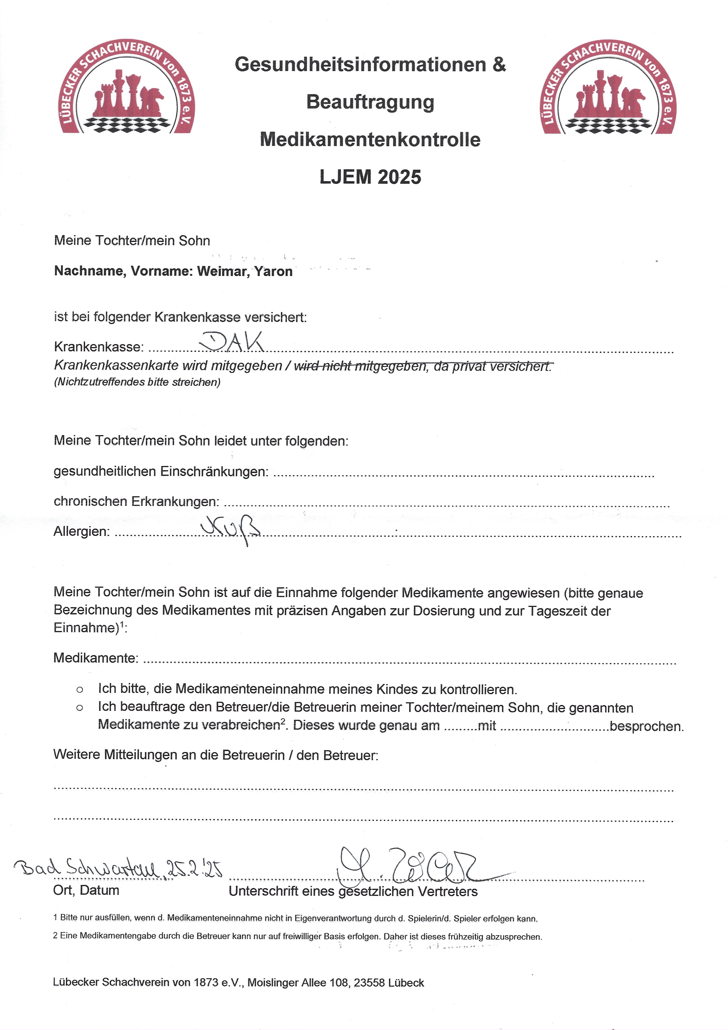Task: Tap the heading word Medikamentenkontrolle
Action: pos(370,139)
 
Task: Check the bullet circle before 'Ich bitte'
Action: pos(79,689)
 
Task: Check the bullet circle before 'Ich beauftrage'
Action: pos(79,708)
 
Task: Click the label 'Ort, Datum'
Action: pos(86,891)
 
